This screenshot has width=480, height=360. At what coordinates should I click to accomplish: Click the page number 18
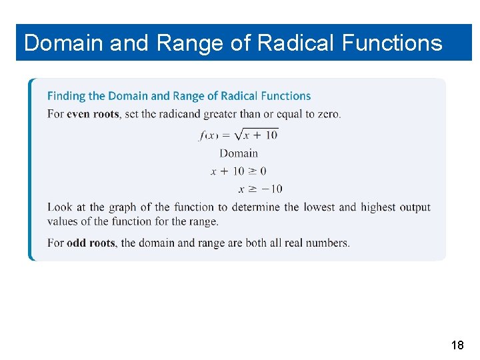(x=457, y=345)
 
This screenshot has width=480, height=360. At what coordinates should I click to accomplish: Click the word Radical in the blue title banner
(x=296, y=43)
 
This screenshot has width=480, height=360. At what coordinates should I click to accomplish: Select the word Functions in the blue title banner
(x=392, y=43)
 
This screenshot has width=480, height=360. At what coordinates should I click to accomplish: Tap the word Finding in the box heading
(x=65, y=96)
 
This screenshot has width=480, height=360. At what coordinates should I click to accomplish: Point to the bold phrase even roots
(x=93, y=114)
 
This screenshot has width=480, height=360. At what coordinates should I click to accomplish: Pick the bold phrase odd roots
(x=91, y=243)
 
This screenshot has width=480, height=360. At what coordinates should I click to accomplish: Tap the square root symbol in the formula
(x=233, y=135)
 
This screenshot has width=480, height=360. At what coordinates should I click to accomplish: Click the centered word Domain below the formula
(x=239, y=153)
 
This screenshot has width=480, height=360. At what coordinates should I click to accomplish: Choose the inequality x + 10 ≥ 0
(x=239, y=171)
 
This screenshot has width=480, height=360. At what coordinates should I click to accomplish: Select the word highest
(x=378, y=207)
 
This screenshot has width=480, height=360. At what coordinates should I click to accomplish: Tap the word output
(x=415, y=207)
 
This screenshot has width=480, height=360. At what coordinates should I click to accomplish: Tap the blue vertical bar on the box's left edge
(x=30, y=169)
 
